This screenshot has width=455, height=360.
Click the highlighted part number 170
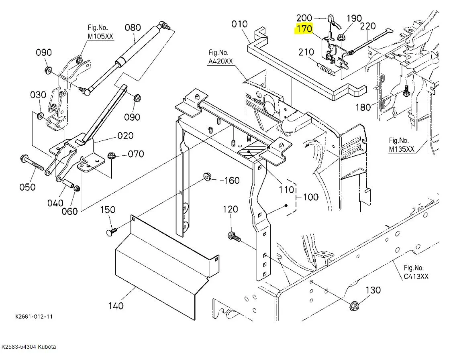[x=304, y=29]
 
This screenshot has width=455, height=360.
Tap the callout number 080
[x=133, y=28]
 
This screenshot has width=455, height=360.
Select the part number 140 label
[x=116, y=305]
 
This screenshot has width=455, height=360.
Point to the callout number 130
[x=373, y=290]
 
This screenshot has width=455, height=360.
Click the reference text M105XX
[x=100, y=37]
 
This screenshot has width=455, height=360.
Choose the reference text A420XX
[x=220, y=61]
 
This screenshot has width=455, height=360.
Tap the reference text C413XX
[x=416, y=277]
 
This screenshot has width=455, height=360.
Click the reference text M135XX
[x=402, y=149]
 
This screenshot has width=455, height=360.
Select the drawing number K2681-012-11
[x=34, y=317]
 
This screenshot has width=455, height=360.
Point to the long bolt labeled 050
[x=32, y=163]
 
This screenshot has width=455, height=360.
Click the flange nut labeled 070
[x=111, y=156]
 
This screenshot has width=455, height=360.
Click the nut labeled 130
[x=354, y=306]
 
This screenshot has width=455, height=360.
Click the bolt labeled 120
[x=234, y=236]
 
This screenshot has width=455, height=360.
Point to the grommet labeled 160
[x=207, y=176]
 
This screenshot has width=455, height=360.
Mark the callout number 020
[x=126, y=136]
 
